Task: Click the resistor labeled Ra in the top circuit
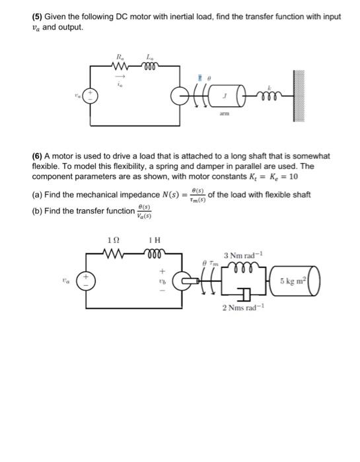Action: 120,65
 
